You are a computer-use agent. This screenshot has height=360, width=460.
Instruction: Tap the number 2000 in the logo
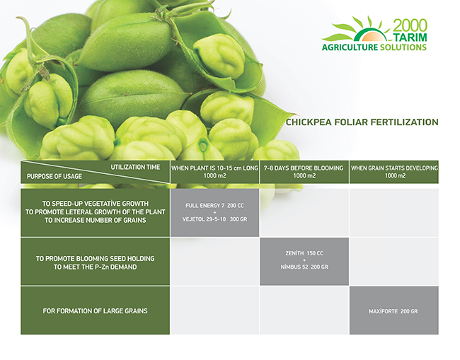[x=410, y=25]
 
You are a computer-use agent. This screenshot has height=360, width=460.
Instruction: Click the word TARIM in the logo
[x=410, y=37]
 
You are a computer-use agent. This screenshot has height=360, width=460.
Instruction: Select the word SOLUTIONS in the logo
[x=403, y=47]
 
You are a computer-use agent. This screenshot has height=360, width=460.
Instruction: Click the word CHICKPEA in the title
[x=309, y=122]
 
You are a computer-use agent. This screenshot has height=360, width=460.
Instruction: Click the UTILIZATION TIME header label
[x=135, y=167]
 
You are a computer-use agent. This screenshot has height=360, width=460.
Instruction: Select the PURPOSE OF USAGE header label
[x=54, y=177]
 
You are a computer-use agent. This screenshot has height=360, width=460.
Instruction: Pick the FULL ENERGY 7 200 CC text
[x=214, y=206]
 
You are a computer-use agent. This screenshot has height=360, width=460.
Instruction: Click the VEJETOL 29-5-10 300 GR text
[x=214, y=219]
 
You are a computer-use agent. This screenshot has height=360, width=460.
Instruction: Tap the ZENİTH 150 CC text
[x=304, y=253]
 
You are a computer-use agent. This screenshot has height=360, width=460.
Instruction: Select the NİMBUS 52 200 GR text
[x=304, y=267]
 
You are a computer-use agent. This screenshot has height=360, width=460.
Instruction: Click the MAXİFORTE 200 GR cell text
[x=393, y=311]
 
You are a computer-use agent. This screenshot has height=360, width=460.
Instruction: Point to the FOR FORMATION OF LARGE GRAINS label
[x=95, y=311]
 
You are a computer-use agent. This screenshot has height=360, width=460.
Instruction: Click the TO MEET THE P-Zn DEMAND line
[x=95, y=267]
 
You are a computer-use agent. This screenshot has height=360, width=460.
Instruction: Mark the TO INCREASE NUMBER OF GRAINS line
[x=95, y=220]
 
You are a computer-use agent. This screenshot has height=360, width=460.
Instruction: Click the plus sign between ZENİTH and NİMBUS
[x=304, y=260]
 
